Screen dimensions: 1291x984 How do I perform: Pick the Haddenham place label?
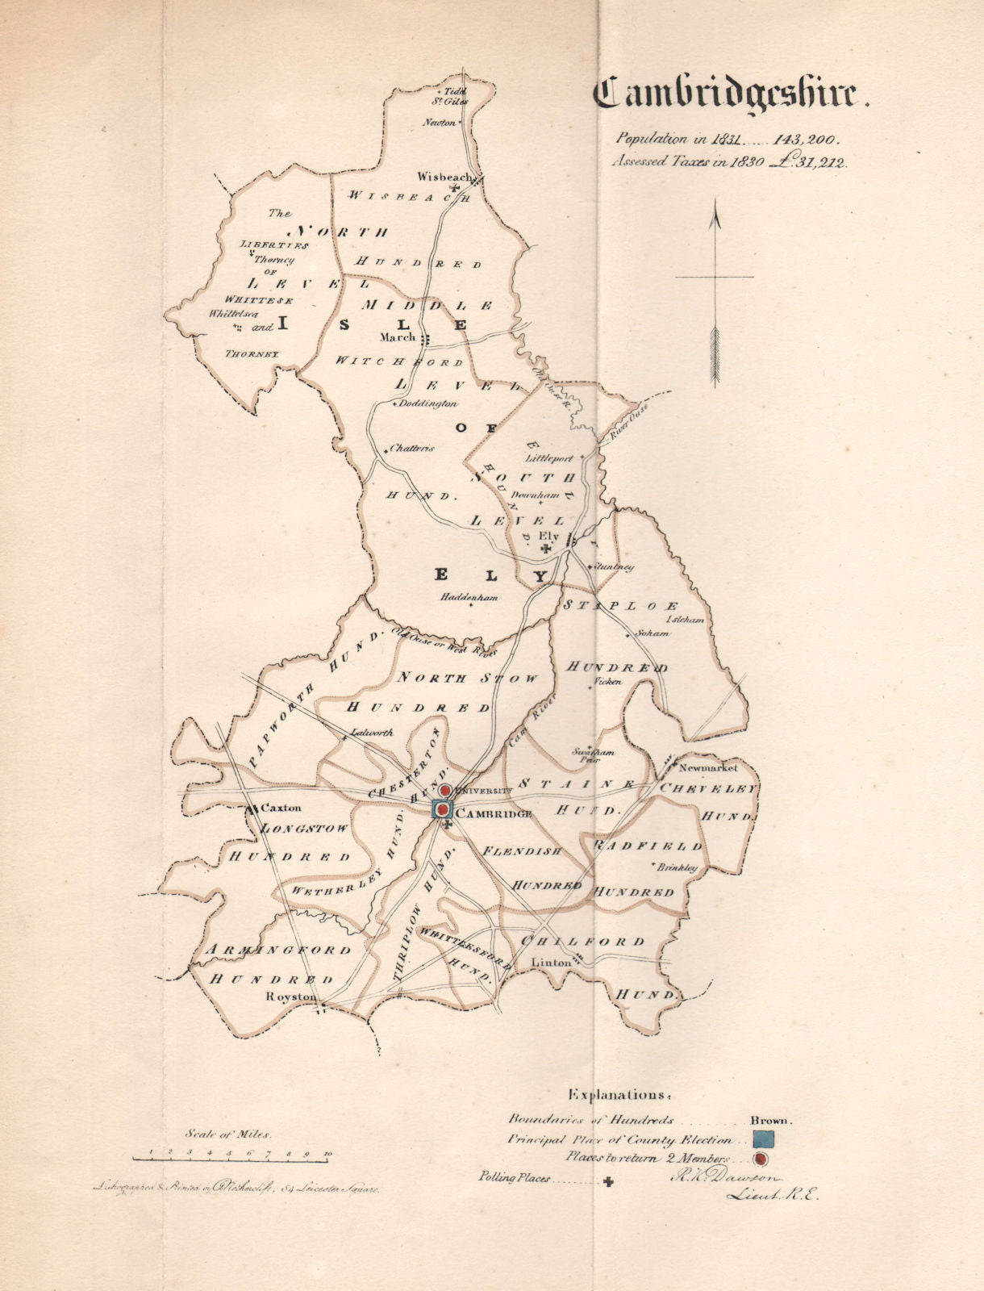point(470,598)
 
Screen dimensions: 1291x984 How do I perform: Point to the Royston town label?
point(291,996)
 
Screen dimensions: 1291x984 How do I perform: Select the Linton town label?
point(550,963)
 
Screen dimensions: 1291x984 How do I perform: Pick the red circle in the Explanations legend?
point(759,1160)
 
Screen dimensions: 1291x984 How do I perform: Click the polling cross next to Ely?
point(548,549)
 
